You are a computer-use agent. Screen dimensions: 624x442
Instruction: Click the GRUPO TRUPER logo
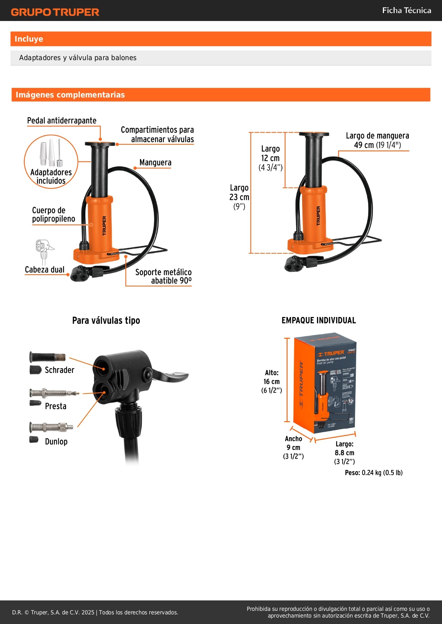tap(55, 12)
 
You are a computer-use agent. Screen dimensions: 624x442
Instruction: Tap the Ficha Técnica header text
tap(406, 10)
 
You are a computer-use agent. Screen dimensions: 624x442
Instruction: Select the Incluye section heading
tap(29, 39)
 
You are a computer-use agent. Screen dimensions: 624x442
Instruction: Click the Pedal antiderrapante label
tap(62, 121)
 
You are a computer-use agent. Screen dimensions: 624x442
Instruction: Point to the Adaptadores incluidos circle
tap(51, 161)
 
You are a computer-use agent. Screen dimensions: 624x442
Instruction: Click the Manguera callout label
tap(155, 163)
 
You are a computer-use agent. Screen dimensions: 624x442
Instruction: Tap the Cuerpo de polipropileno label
tap(53, 214)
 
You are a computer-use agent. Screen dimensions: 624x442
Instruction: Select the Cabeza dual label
tap(45, 270)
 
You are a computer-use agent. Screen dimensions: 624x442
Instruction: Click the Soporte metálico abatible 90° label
tap(163, 276)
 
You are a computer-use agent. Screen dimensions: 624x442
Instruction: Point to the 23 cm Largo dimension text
tap(239, 197)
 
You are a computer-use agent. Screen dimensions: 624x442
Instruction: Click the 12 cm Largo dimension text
tap(270, 158)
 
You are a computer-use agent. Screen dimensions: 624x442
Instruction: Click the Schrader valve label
tap(59, 370)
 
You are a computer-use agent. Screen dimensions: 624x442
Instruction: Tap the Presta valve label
tap(56, 406)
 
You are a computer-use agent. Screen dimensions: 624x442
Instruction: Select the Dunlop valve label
tap(56, 441)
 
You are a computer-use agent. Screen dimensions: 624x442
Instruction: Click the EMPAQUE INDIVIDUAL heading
tap(318, 320)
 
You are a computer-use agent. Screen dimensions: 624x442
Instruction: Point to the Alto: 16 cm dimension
tap(271, 381)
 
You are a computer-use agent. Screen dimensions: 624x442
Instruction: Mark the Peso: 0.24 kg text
tap(374, 472)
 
